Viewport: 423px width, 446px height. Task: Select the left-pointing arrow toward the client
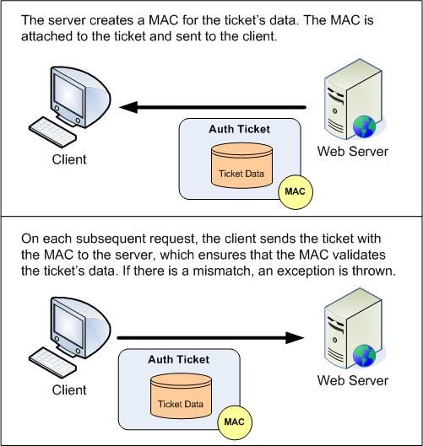(211, 107)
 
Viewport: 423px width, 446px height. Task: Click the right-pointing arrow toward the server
(211, 338)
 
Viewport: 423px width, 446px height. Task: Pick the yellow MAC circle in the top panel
(295, 191)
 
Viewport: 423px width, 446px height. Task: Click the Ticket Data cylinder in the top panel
(241, 165)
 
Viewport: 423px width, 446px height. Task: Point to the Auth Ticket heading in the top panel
(240, 129)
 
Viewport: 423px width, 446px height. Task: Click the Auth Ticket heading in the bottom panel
(178, 359)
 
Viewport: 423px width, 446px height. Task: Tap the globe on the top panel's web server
(364, 127)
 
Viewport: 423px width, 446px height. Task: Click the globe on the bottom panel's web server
(364, 357)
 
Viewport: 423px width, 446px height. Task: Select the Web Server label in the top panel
(352, 152)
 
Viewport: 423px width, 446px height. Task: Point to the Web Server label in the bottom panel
(352, 381)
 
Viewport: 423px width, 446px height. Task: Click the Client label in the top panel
(68, 159)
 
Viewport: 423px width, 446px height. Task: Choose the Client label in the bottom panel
(68, 390)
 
